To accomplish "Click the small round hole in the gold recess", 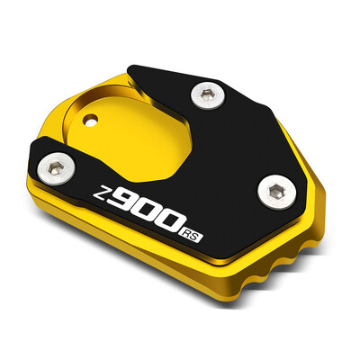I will coord(91,118).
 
